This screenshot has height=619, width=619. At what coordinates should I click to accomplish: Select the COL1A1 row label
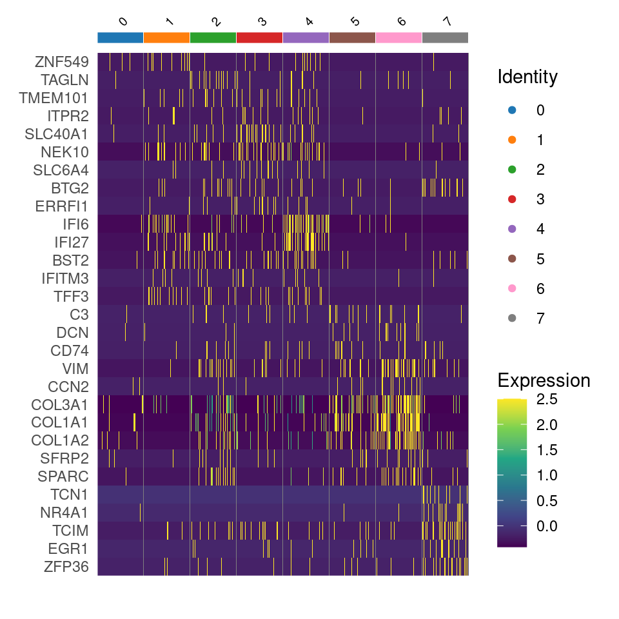pyautogui.click(x=60, y=422)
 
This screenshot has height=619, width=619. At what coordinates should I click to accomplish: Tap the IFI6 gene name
pyautogui.click(x=75, y=224)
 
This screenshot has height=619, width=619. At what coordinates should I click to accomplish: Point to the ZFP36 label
pyautogui.click(x=66, y=567)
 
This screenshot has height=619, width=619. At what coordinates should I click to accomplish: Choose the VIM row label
pyautogui.click(x=76, y=369)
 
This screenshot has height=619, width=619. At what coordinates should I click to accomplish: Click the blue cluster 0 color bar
pyautogui.click(x=121, y=37)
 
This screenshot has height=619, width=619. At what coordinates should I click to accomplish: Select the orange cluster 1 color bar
pyautogui.click(x=166, y=37)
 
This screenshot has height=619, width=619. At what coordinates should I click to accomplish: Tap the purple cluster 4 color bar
pyautogui.click(x=306, y=37)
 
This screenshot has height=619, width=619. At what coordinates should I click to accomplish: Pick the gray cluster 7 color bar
pyautogui.click(x=445, y=37)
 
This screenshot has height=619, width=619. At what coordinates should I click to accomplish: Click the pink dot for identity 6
pyautogui.click(x=513, y=288)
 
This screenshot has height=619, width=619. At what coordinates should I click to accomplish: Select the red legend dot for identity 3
pyautogui.click(x=513, y=199)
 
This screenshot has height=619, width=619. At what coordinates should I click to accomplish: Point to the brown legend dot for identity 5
pyautogui.click(x=513, y=259)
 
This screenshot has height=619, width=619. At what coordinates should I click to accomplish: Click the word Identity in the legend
pyautogui.click(x=527, y=77)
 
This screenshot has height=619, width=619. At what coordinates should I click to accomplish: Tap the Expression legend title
pyautogui.click(x=544, y=380)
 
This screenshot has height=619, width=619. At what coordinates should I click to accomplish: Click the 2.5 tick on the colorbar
pyautogui.click(x=546, y=400)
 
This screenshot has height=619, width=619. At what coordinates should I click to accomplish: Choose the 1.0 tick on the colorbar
pyautogui.click(x=546, y=475)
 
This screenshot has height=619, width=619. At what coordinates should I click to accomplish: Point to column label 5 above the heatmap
pyautogui.click(x=354, y=22)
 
